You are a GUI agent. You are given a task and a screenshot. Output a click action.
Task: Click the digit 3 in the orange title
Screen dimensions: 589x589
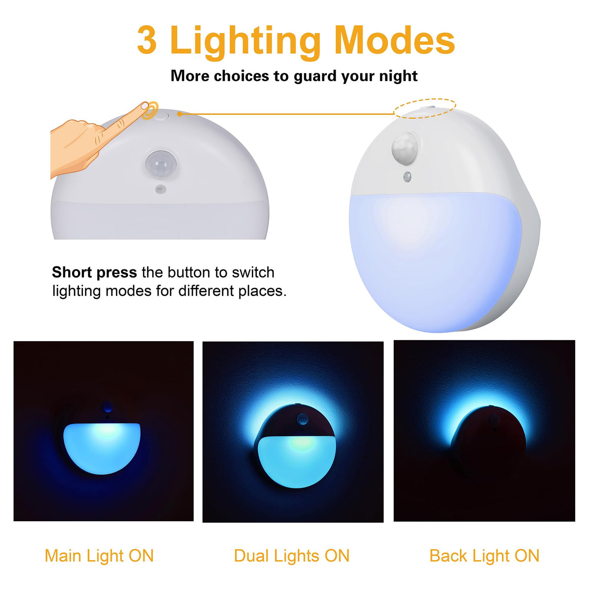147,40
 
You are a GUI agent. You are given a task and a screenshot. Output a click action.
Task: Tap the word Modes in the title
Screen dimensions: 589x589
395,40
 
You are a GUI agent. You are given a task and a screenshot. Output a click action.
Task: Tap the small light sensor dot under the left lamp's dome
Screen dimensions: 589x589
161,189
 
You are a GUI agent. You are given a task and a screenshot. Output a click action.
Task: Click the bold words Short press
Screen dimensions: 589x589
94,272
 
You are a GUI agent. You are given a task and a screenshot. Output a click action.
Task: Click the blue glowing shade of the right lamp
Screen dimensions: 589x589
434,260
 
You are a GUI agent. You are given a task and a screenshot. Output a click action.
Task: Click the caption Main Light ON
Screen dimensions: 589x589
99,556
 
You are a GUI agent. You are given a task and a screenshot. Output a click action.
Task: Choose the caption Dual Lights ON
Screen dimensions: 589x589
292,556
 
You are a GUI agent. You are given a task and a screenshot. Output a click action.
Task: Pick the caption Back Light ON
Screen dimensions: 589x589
484,556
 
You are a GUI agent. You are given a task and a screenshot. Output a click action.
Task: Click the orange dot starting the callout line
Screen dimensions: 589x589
180,114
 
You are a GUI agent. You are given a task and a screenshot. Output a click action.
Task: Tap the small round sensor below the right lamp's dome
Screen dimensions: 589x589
407,177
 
